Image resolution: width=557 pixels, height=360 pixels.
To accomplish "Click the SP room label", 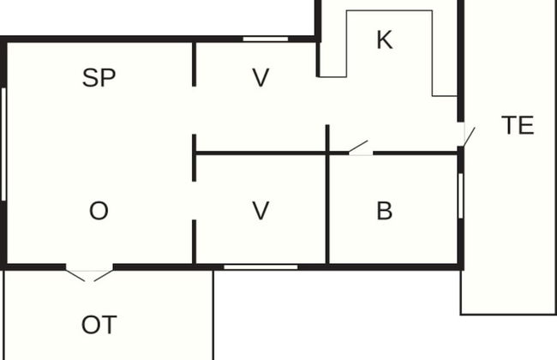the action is pos(99,77).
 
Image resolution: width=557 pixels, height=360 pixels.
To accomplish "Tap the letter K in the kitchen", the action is pos(385,39).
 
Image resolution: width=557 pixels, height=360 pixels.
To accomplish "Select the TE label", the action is pos(518,125).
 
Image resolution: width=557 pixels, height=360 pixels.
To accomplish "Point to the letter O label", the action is pos(99,211).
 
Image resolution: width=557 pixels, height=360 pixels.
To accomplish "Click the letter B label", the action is pos(385,211).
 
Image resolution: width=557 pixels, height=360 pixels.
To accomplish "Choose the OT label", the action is pos(99,325).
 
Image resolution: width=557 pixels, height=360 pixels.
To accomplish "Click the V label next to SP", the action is pos(261,77).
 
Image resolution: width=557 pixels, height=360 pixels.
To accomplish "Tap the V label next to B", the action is pos(261,211).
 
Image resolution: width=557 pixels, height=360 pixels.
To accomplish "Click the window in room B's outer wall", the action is pos(461,195).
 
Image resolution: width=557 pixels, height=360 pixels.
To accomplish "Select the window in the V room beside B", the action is pos(261,267).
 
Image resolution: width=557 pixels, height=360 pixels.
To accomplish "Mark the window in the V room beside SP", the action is pos(266,39).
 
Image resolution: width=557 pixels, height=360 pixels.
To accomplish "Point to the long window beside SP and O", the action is pos(3,144).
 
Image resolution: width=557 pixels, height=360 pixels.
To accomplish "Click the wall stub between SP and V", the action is pos(194,64).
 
